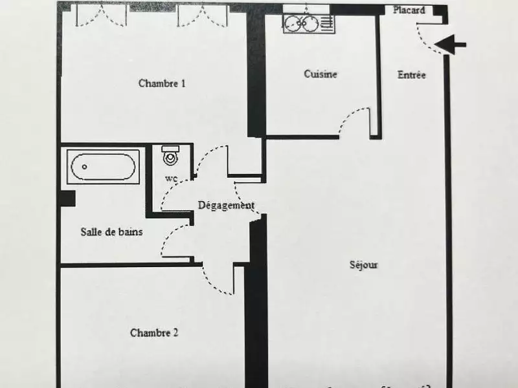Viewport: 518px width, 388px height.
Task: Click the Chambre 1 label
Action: point(162,83)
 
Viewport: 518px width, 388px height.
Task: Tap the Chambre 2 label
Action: point(154,333)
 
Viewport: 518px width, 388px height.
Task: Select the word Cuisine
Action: point(321,74)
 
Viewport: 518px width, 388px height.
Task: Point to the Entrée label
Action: point(412,75)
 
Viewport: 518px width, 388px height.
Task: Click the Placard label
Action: point(409,10)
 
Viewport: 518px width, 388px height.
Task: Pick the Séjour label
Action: point(363,265)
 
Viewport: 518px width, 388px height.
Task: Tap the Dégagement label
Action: point(226,206)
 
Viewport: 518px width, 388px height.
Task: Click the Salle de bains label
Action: point(112,232)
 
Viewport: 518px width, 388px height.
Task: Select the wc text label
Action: point(171,179)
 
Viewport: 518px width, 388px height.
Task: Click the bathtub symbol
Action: point(103,166)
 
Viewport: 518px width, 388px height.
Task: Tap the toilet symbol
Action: point(170,156)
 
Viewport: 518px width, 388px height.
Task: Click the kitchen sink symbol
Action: point(308,24)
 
